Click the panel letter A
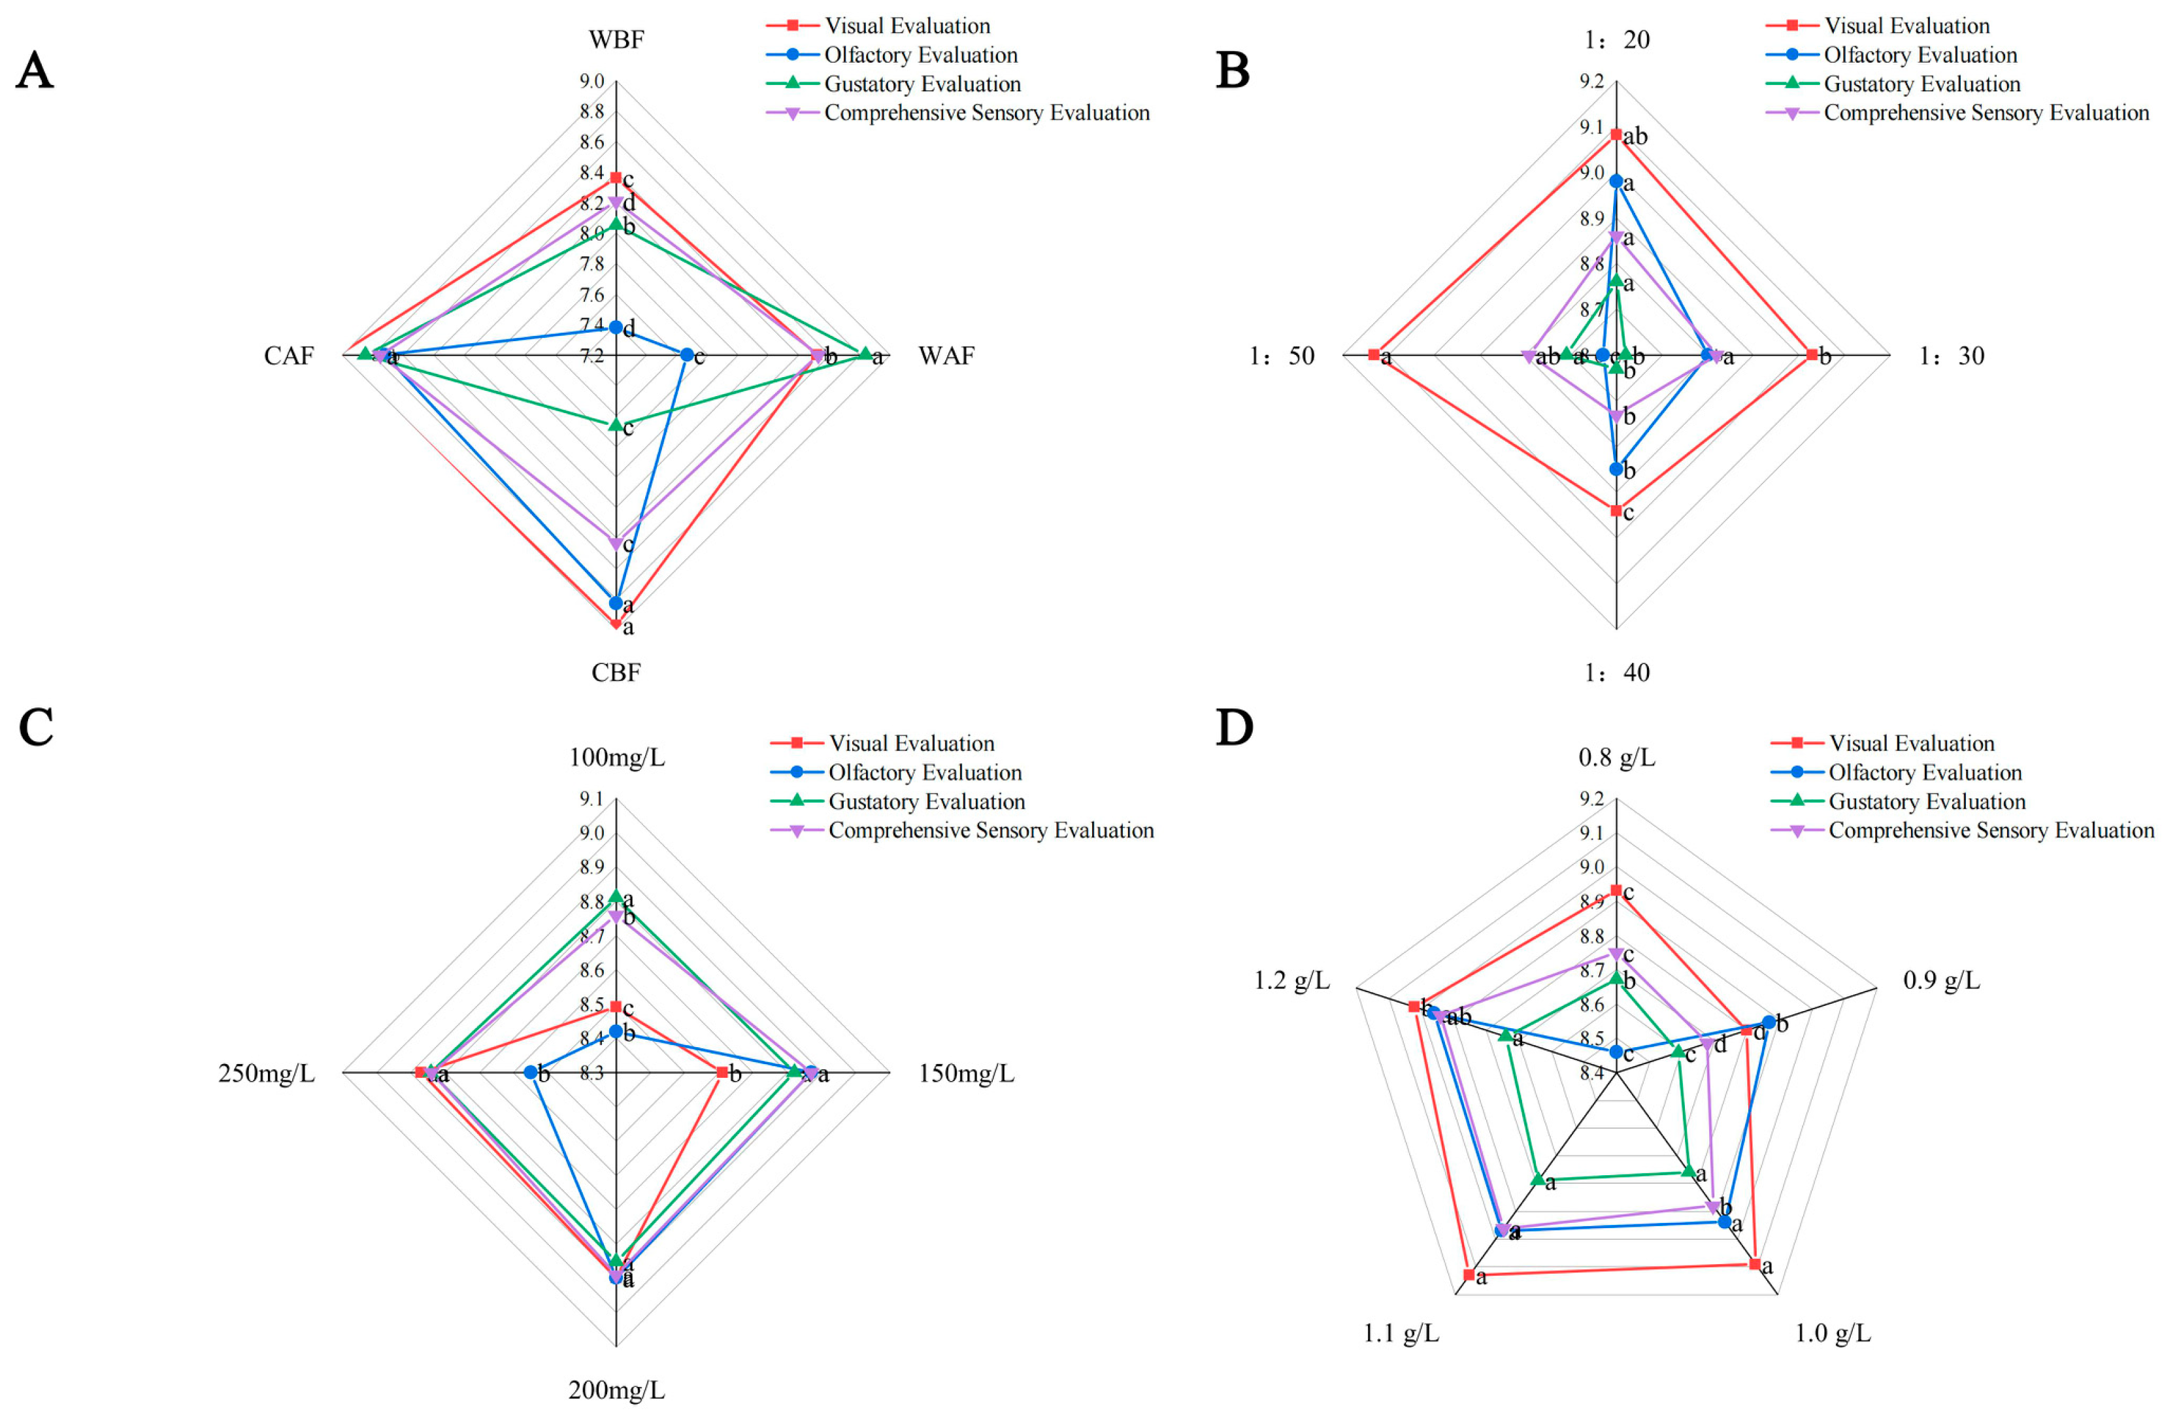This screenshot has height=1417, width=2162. [x=35, y=71]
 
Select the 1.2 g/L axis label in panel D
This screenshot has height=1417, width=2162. [x=1291, y=981]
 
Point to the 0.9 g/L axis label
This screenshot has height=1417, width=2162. [x=1941, y=981]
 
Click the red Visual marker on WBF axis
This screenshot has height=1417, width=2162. [x=616, y=178]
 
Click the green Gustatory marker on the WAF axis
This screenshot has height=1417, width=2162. [x=865, y=354]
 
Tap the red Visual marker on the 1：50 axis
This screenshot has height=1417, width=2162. [x=1374, y=354]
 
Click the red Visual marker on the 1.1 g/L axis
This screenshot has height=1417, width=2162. [x=1469, y=1275]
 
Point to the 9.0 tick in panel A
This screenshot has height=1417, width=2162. [x=592, y=82]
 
